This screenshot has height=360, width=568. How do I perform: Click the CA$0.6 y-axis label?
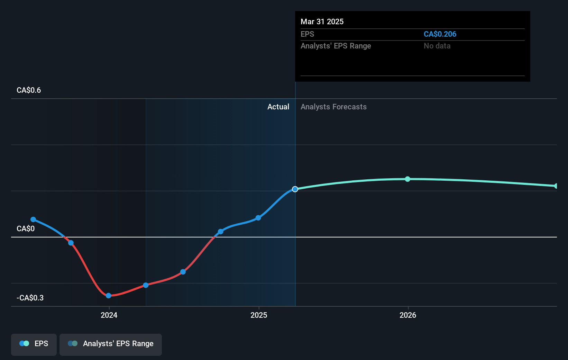(x=29, y=90)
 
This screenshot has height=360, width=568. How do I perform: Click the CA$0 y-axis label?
(x=26, y=229)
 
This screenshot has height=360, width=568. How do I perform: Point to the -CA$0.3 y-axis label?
(x=30, y=298)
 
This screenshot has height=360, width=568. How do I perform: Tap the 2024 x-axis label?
(x=109, y=315)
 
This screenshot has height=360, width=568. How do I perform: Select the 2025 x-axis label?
(x=259, y=315)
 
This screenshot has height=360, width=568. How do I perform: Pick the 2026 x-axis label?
(x=408, y=315)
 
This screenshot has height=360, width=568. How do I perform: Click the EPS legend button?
(x=34, y=344)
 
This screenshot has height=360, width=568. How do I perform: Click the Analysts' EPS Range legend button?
(x=111, y=344)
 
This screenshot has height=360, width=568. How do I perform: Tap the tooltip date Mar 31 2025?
(x=322, y=22)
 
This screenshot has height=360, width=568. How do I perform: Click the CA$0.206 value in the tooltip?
(x=440, y=34)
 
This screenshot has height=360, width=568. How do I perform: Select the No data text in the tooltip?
(x=437, y=46)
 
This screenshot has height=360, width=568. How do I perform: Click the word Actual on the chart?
(x=278, y=107)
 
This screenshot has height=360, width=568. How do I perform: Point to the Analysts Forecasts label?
(x=333, y=107)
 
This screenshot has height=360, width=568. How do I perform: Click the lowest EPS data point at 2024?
(x=109, y=296)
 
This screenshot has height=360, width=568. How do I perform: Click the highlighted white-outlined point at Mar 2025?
(x=295, y=189)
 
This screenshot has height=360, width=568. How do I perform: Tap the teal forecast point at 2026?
(x=407, y=179)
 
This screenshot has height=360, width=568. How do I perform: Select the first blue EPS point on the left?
(x=33, y=219)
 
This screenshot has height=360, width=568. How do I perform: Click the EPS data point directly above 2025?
(x=258, y=218)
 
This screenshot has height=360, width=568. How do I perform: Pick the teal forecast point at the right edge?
(x=556, y=186)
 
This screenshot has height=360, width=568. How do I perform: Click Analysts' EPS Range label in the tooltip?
(x=336, y=46)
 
